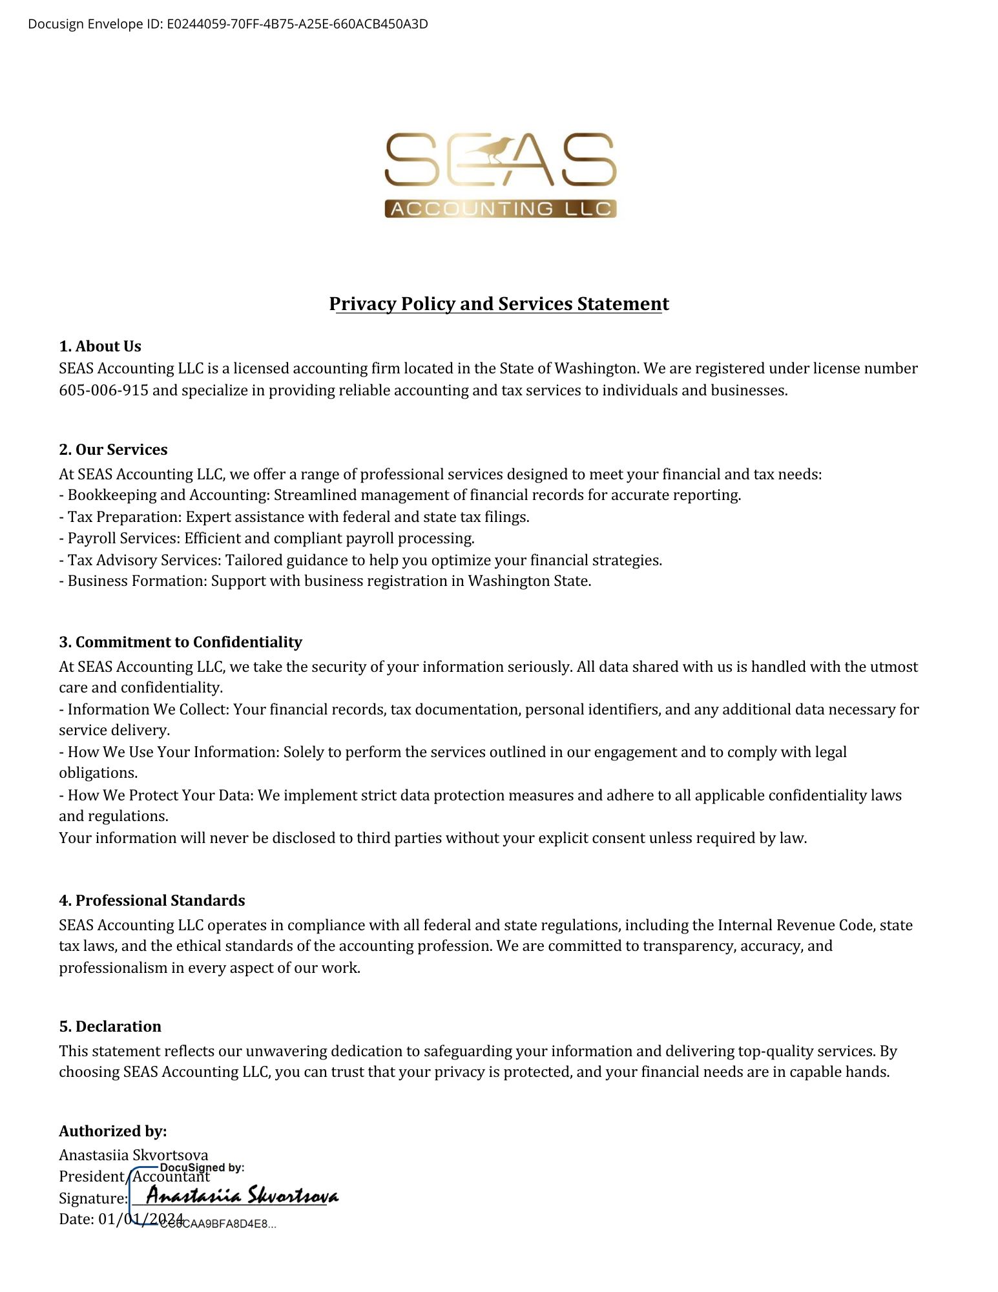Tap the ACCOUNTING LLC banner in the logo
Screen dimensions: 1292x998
tap(501, 209)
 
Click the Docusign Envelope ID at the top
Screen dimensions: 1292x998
tap(227, 25)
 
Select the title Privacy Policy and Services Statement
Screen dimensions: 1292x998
tap(499, 304)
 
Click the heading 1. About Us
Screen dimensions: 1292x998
tap(100, 346)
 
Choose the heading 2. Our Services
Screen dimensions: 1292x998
tap(113, 450)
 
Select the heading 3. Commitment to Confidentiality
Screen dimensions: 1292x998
tap(180, 642)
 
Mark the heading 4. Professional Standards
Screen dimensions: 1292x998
tap(152, 901)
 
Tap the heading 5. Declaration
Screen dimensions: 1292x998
tap(110, 1026)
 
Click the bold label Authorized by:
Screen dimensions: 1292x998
tap(113, 1131)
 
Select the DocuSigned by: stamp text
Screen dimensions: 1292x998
tap(202, 1167)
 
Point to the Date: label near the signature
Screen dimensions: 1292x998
tap(77, 1219)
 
